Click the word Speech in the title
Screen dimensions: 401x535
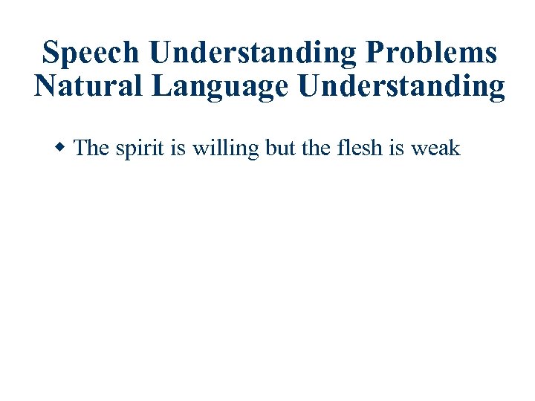[x=91, y=53]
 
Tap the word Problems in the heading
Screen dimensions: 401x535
[x=432, y=53]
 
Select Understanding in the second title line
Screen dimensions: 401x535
[x=402, y=87]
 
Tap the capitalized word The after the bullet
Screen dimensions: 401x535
[x=92, y=148]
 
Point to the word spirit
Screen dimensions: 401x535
[x=139, y=149]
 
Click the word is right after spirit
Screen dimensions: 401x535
[x=178, y=148]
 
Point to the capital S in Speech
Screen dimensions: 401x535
[x=51, y=53]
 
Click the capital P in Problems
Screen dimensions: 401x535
[x=377, y=53]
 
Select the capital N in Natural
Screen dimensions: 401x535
[x=45, y=87]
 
